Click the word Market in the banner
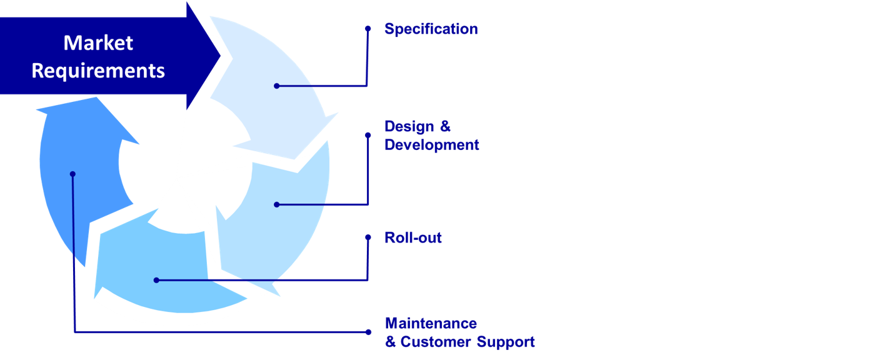pos(98,43)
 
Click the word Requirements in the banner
pos(98,71)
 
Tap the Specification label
pos(431,29)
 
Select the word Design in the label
pos(409,126)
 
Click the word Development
pos(431,145)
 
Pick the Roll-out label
pos(413,237)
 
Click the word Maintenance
pos(431,323)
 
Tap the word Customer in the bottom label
pos(436,342)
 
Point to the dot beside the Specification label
pos(368,29)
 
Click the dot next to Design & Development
pos(368,135)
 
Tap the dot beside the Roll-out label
pos(368,237)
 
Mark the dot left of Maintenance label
pos(368,332)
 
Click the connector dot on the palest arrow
pos(277,86)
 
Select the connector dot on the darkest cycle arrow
pos(73,174)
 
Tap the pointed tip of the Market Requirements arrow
pos(219,56)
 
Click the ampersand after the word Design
pos(445,126)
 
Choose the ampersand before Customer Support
pos(391,342)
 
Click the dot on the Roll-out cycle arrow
pos(156,280)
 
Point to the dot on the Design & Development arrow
pos(277,204)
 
